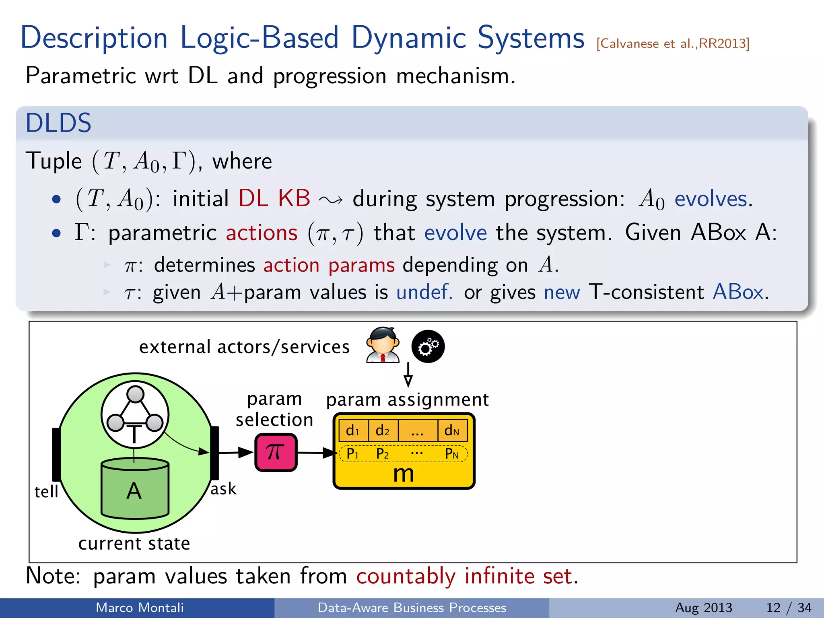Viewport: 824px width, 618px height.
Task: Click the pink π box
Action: point(276,452)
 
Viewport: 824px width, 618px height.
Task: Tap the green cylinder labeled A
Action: point(135,489)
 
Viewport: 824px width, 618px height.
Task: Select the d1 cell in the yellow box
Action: point(353,431)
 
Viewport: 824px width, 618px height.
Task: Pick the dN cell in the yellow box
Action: point(452,431)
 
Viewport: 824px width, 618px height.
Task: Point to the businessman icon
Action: point(383,345)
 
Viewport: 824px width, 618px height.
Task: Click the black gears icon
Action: point(428,346)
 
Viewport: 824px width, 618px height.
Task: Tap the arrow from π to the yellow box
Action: point(316,453)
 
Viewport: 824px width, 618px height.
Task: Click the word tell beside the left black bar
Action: point(46,492)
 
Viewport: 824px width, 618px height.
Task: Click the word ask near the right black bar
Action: point(223,489)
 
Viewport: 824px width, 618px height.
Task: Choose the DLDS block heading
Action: point(58,123)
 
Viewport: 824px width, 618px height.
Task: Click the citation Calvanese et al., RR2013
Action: point(672,43)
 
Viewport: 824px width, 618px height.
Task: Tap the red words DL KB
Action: point(274,198)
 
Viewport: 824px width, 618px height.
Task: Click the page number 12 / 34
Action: point(789,608)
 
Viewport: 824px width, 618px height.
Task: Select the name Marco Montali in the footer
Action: point(140,608)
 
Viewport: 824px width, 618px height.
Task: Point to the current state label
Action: point(134,544)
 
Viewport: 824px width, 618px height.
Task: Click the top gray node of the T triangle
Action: point(135,394)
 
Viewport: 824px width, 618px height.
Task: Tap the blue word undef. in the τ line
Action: point(424,292)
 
